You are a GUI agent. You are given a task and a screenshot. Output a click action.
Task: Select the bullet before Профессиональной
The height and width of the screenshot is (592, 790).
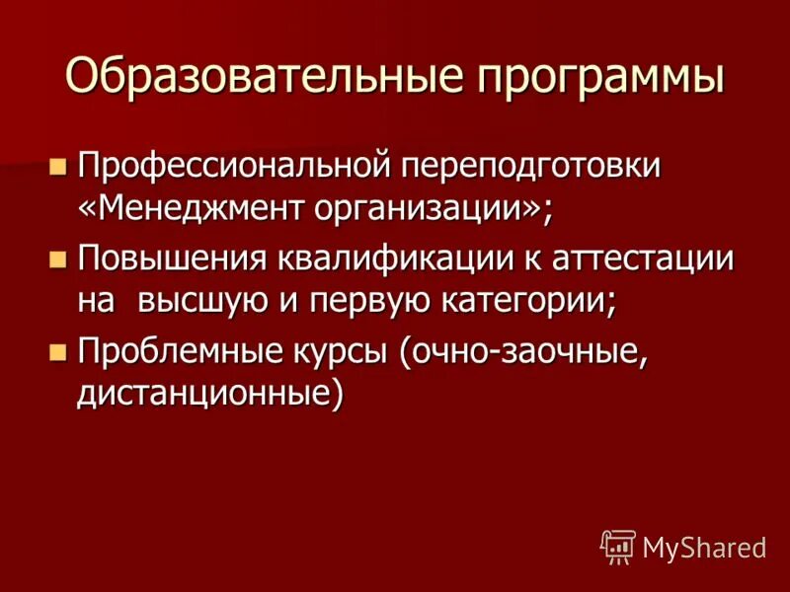pos(57,164)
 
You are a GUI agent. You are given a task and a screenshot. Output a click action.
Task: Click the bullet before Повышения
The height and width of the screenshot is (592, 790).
pos(57,259)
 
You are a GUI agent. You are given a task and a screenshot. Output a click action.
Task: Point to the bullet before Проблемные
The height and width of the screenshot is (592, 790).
pos(57,351)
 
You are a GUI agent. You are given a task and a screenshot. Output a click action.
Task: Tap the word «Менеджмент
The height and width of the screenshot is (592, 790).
pos(193,209)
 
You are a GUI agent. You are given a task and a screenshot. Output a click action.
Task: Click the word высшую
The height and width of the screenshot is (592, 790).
pos(206,302)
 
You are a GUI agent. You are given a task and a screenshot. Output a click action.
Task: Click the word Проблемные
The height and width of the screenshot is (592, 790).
pos(184,351)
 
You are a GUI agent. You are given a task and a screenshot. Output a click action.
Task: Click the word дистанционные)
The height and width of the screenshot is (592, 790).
pos(211,395)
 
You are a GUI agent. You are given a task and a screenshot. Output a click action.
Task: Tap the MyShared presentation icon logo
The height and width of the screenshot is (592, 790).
pos(617,546)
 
